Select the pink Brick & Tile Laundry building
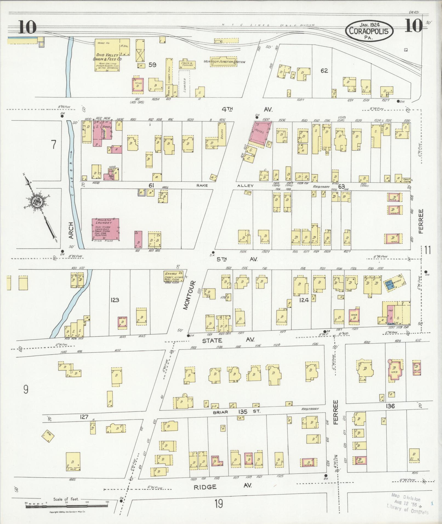tap(105, 229)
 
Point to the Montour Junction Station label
tap(224, 62)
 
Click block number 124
tap(304, 300)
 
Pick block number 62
tap(324, 71)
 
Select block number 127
tap(84, 417)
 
